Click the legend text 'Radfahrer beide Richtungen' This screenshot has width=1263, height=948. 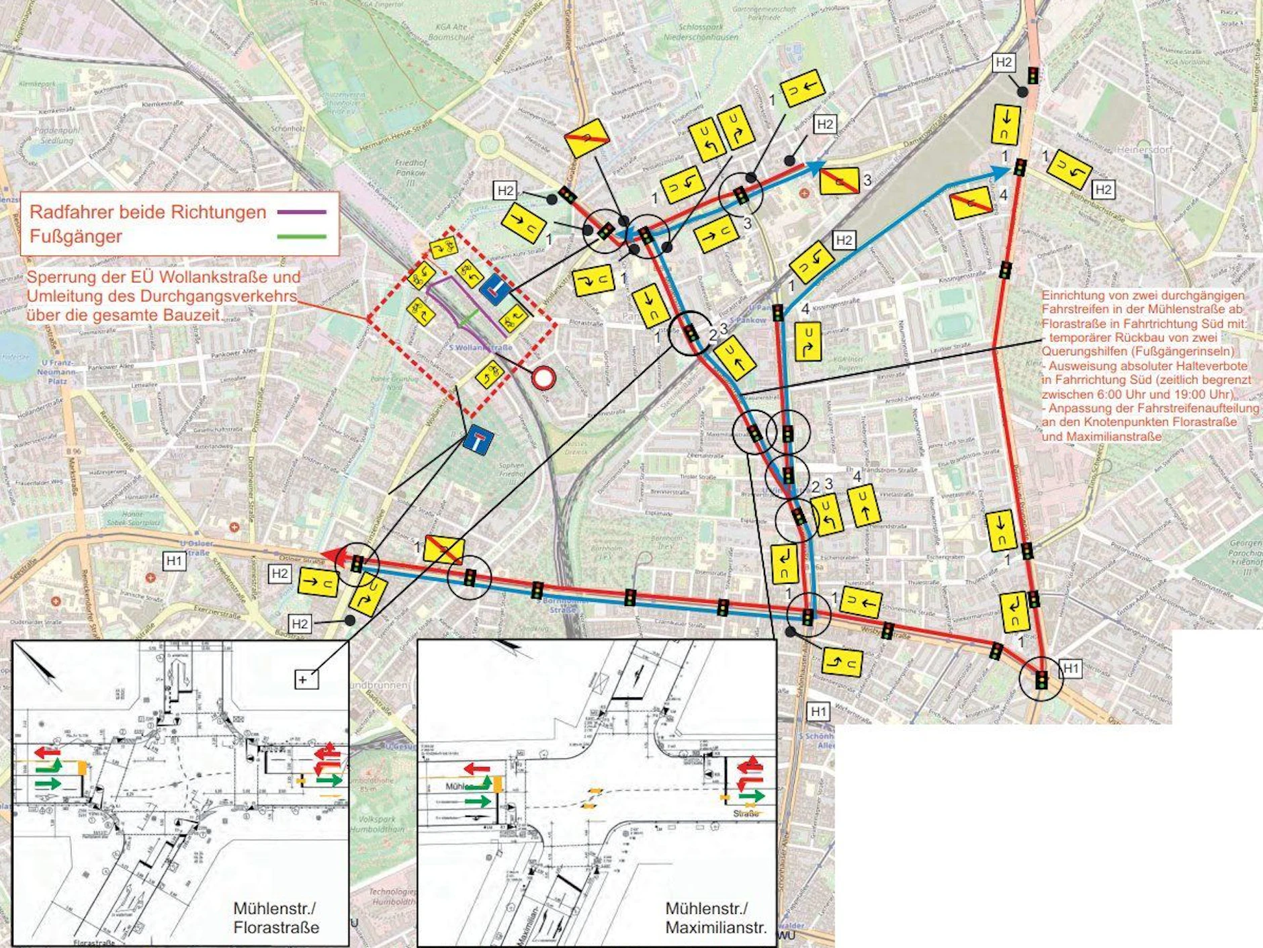(x=148, y=212)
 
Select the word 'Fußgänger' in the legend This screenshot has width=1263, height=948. (x=76, y=236)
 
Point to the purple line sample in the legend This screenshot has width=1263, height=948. (x=301, y=212)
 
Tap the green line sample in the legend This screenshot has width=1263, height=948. (x=301, y=236)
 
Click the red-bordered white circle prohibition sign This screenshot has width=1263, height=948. (x=543, y=378)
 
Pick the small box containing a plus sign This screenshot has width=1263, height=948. (x=303, y=679)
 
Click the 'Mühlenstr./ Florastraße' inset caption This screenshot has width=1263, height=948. (x=275, y=918)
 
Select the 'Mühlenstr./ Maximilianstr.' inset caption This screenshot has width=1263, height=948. (x=715, y=918)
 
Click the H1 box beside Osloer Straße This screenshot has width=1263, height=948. (x=175, y=560)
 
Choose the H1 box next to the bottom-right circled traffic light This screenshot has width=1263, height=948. (x=1070, y=669)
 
